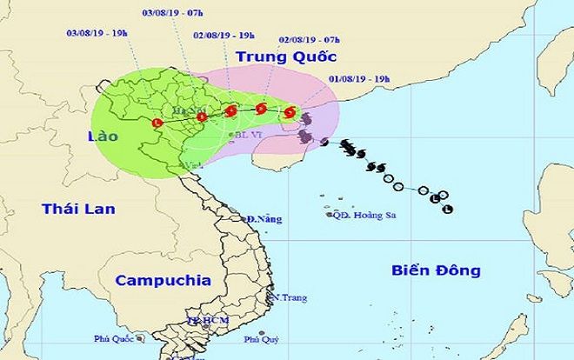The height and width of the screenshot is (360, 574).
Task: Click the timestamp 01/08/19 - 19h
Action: (x=357, y=77)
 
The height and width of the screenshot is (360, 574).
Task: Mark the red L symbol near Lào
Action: (x=156, y=123)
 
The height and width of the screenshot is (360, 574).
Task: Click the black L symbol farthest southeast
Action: (x=448, y=209)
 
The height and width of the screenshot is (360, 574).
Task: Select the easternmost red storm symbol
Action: (x=290, y=111)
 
